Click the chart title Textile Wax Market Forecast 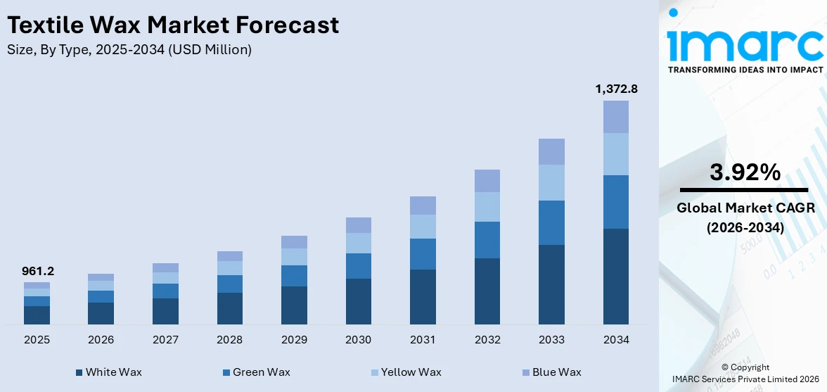tap(173, 25)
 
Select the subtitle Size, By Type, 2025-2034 tap(129, 50)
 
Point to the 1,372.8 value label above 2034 tap(616, 89)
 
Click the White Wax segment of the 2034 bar tap(616, 276)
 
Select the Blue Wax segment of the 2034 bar tap(616, 117)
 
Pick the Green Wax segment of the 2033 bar tap(551, 222)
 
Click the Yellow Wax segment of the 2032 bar tap(487, 207)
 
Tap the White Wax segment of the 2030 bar tap(358, 301)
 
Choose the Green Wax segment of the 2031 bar tap(423, 254)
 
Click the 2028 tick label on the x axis tap(229, 340)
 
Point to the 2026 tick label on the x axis tap(101, 340)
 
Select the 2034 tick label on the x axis tap(616, 340)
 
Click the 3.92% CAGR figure tap(745, 172)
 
